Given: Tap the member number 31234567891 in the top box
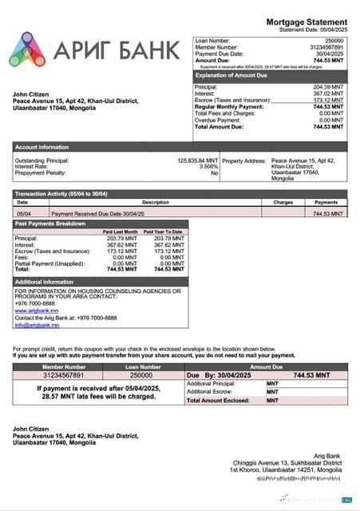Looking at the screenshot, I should [x=326, y=47].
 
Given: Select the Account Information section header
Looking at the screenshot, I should [x=42, y=147].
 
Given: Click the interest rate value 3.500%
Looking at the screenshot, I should [x=208, y=167].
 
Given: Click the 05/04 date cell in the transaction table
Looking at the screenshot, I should [x=23, y=214].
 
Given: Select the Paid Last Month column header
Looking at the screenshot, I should [x=121, y=232].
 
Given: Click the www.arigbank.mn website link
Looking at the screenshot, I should [x=37, y=311].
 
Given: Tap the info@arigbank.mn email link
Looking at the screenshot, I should [x=37, y=325].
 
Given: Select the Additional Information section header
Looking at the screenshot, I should [x=44, y=282].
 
